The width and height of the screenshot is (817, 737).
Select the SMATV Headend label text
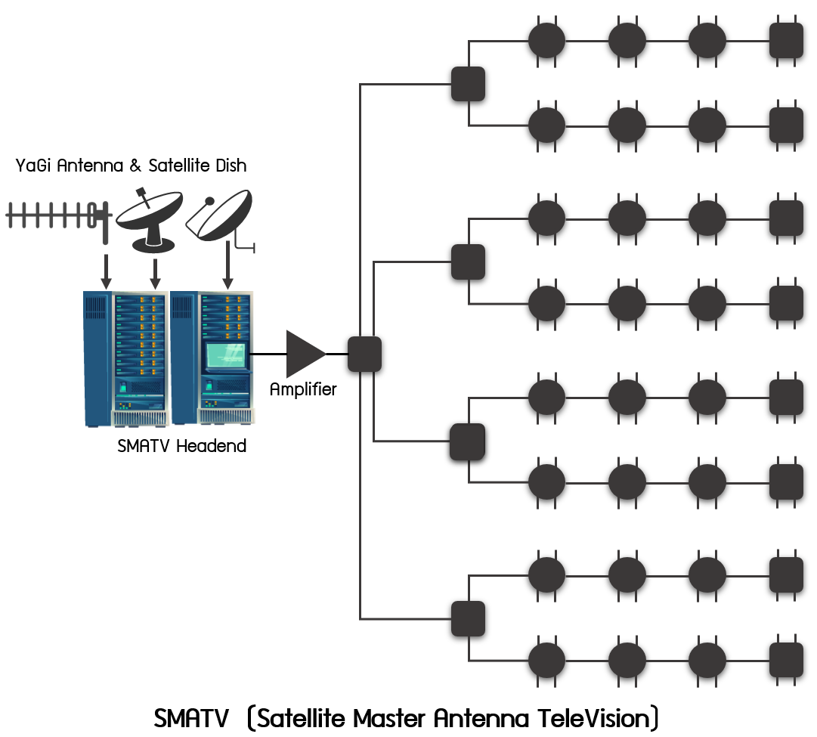click(x=182, y=446)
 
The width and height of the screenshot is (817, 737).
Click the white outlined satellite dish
click(x=220, y=215)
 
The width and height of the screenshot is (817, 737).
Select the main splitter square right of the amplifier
click(x=364, y=354)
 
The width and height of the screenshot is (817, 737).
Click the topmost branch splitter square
click(x=468, y=84)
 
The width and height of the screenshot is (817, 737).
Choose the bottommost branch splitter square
click(x=468, y=618)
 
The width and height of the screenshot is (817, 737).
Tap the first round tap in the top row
click(x=546, y=40)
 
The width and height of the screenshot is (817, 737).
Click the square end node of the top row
click(x=786, y=41)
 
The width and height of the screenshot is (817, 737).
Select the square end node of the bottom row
click(x=786, y=659)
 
